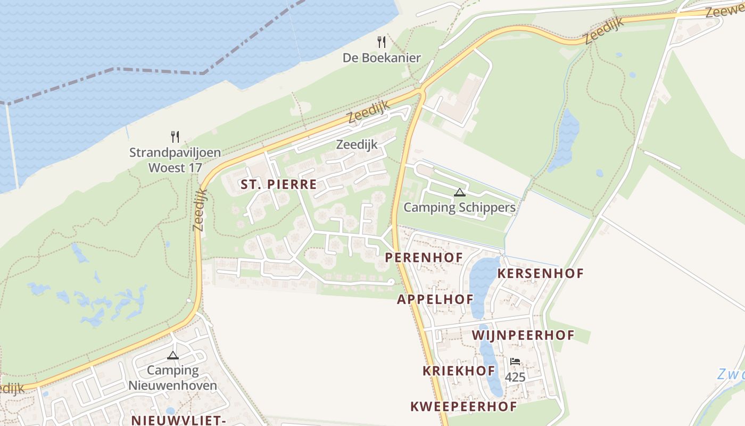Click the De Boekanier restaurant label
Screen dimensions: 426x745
point(382,58)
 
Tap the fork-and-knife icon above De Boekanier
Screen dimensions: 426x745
point(382,42)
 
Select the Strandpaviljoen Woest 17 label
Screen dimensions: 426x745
point(175,160)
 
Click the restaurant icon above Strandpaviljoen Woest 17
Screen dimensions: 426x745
point(175,137)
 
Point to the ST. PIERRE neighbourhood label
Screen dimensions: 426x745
point(278,185)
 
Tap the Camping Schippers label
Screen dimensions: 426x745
point(459,207)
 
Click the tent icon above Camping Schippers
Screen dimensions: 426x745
point(460,192)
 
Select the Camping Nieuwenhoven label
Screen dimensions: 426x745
point(173,378)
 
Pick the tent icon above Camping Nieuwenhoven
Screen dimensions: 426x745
point(173,355)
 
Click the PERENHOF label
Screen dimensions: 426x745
point(424,257)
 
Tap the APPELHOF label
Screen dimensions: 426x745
point(435,299)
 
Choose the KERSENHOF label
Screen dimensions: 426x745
point(540,274)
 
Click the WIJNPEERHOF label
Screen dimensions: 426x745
point(523,335)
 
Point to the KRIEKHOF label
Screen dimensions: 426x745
point(459,371)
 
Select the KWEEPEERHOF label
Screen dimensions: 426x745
point(463,407)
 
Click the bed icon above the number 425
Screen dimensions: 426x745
point(515,362)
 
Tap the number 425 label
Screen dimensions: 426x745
point(515,378)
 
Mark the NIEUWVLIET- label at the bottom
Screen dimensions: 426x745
point(179,420)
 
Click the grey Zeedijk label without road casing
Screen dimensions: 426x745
point(357,144)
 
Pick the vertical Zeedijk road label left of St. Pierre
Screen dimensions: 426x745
point(200,210)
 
